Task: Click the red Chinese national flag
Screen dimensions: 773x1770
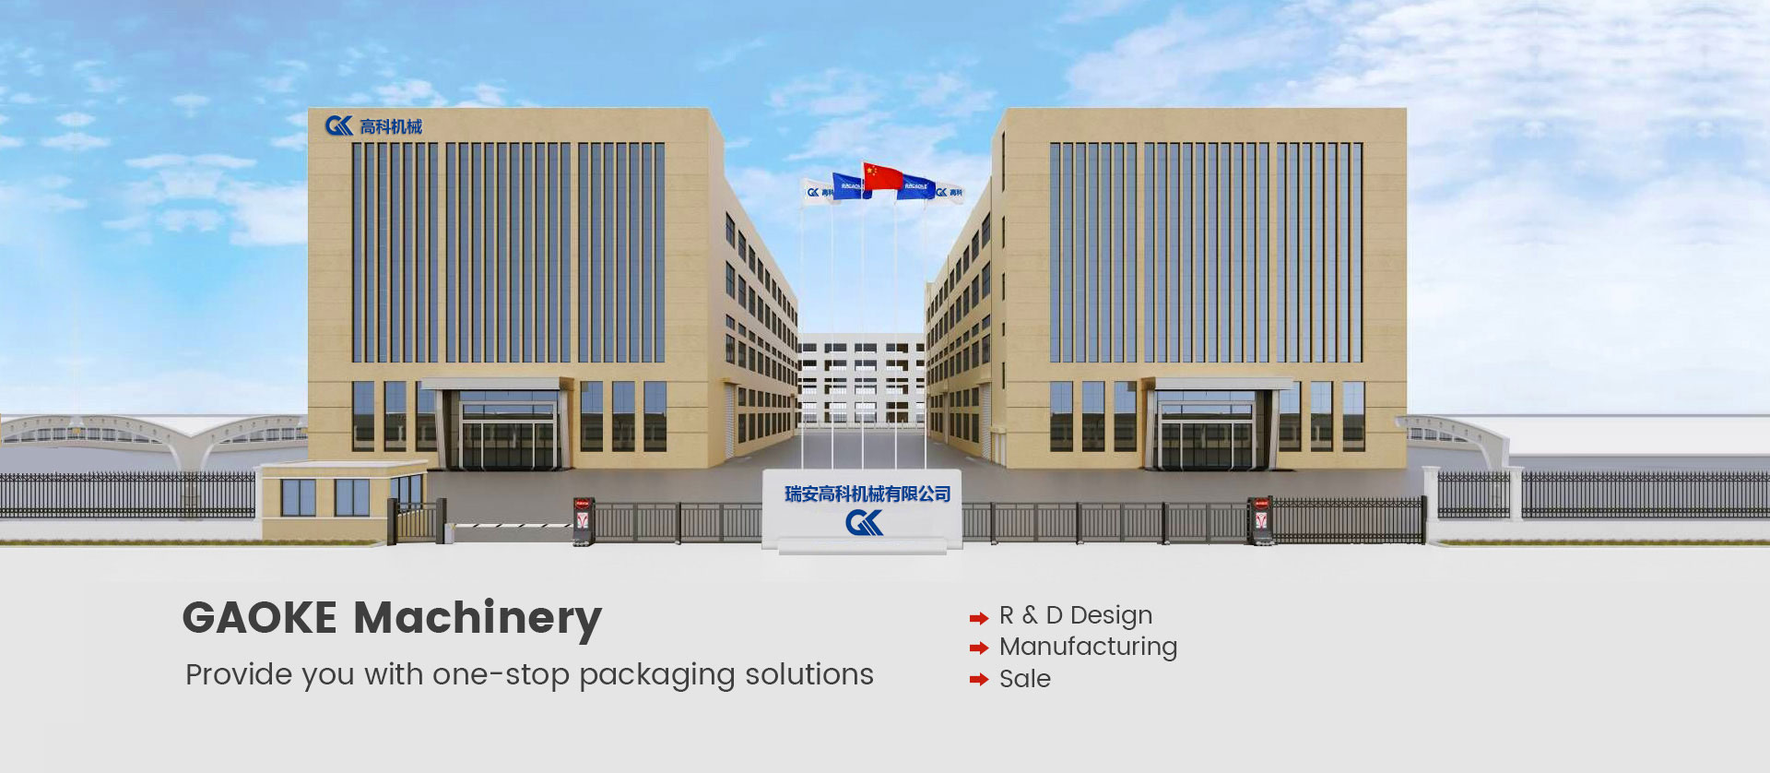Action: coord(883,176)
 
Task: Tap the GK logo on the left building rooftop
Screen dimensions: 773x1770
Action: coord(339,125)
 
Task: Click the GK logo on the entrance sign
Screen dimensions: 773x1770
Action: coord(864,523)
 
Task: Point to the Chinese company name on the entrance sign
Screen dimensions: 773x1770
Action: coord(867,494)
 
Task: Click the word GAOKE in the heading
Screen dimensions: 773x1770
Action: coord(260,618)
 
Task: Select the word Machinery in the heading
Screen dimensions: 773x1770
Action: coord(478,618)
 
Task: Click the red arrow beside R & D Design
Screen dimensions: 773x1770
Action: coord(978,618)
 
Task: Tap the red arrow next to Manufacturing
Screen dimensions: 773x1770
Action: coord(978,648)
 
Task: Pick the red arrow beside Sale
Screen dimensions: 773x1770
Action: coord(978,680)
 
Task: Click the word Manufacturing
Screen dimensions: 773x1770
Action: coord(1088,647)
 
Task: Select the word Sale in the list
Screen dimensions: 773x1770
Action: coord(1024,679)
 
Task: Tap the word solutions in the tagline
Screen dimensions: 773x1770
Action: coord(808,674)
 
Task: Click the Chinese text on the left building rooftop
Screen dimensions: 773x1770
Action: coord(391,126)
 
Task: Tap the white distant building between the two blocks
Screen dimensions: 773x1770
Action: coord(862,378)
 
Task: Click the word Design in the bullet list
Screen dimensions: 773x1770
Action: coord(1111,615)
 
